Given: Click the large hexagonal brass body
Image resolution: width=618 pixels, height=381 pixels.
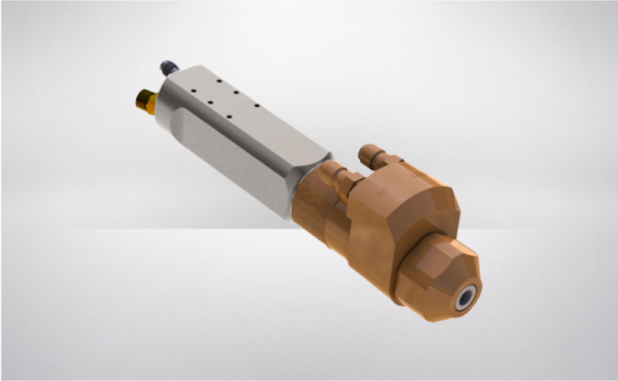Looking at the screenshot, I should (x=389, y=221).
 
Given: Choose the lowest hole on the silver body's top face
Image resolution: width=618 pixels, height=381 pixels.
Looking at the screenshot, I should (x=229, y=116).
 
